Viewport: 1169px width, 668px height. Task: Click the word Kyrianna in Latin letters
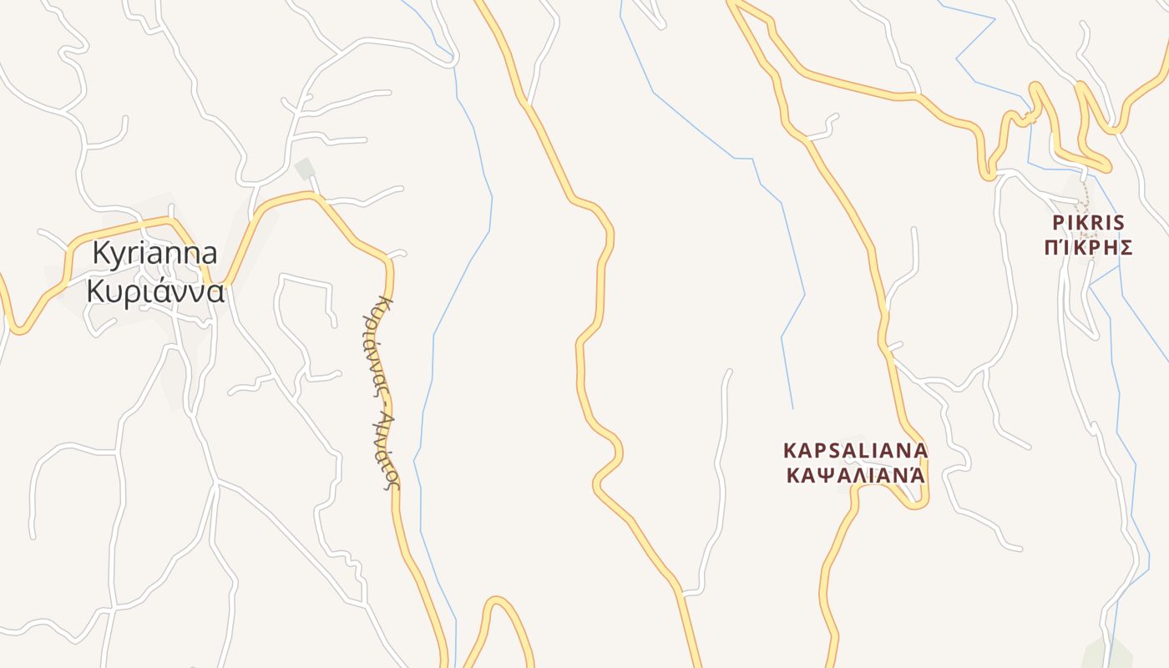click(154, 253)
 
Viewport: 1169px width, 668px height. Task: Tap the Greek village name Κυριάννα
click(155, 291)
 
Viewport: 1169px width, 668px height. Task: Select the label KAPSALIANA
click(855, 450)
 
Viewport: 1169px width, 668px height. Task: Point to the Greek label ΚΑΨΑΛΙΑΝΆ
click(855, 475)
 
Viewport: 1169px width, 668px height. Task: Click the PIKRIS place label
click(1088, 223)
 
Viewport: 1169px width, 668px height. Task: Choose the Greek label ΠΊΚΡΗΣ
click(1088, 247)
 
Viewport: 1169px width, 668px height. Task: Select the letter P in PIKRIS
click(1058, 223)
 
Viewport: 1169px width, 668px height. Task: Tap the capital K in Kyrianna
click(102, 253)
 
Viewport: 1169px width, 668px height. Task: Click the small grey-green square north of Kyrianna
click(305, 168)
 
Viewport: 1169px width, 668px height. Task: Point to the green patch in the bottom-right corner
click(1108, 655)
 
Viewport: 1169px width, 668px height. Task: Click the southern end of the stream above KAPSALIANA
click(792, 407)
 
